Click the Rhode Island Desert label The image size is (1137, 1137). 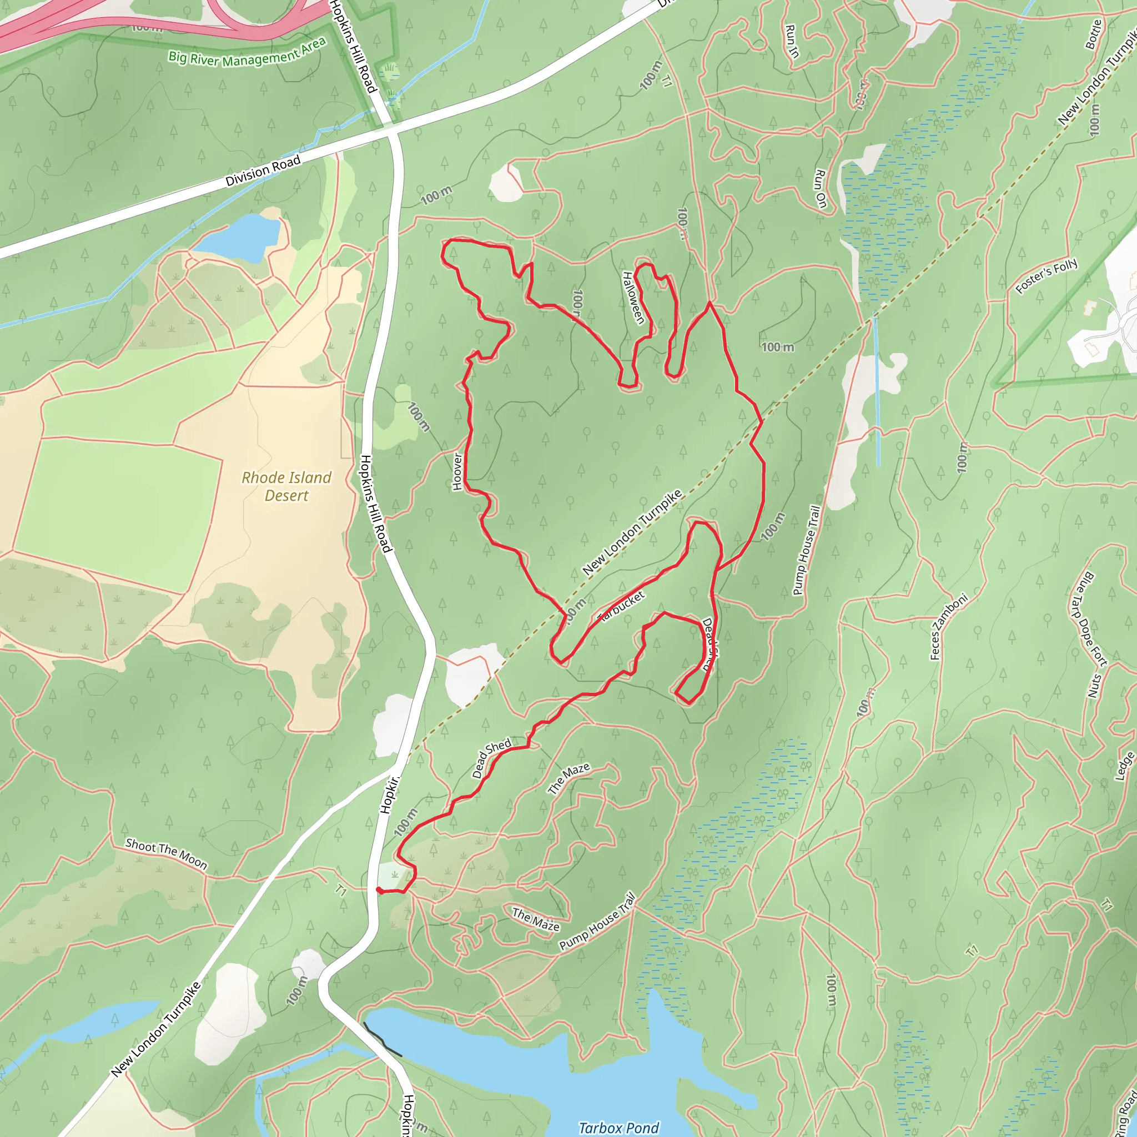click(286, 486)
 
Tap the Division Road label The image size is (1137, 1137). click(263, 170)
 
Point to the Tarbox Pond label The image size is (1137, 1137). click(618, 1128)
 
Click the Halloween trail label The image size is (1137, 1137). click(633, 297)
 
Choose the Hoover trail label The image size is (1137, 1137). click(457, 471)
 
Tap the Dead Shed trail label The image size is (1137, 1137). click(491, 758)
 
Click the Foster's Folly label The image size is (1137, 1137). click(1047, 275)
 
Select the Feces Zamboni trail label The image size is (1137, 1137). click(948, 627)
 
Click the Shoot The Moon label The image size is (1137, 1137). click(167, 854)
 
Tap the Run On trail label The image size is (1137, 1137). click(821, 188)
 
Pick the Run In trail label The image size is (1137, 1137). click(792, 41)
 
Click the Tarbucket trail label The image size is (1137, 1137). click(621, 606)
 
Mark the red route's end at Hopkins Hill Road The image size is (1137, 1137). click(379, 890)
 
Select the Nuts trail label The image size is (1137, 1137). click(1095, 685)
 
